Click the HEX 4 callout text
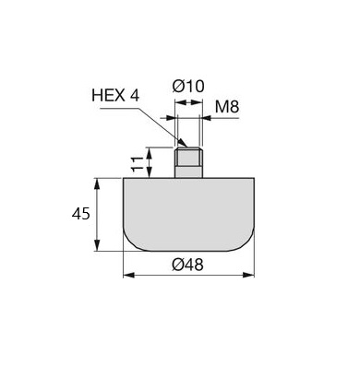(115, 96)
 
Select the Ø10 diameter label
(188, 86)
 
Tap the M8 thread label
(227, 107)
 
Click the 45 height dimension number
(81, 214)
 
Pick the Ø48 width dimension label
(187, 265)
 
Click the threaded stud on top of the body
(188, 162)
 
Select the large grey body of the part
(188, 215)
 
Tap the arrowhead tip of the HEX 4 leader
(187, 147)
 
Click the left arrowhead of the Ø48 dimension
(124, 275)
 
